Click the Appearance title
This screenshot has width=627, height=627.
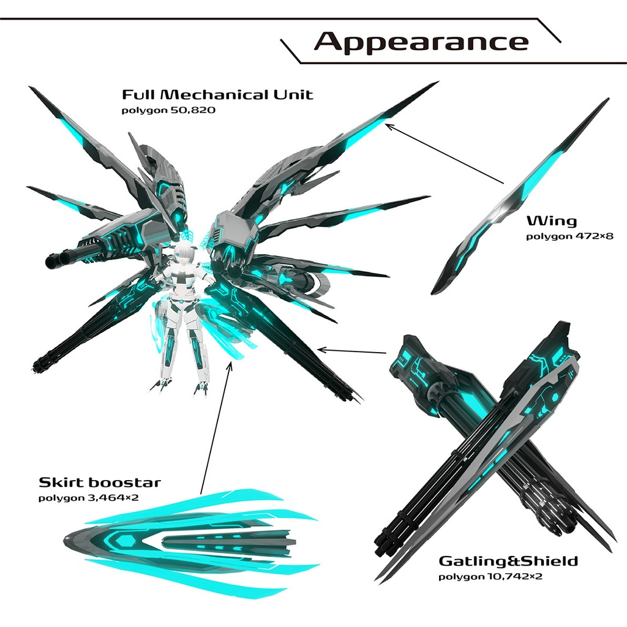click(x=421, y=42)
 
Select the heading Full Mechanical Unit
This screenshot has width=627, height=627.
click(x=217, y=95)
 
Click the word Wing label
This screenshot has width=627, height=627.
click(x=552, y=220)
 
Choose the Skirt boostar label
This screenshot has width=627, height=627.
click(x=100, y=482)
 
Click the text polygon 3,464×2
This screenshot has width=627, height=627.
click(x=89, y=498)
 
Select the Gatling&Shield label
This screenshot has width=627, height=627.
click(x=508, y=561)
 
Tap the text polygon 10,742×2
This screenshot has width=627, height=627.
click(x=490, y=577)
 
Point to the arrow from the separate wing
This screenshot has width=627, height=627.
click(x=444, y=153)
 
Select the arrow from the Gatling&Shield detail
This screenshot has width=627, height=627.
click(x=353, y=351)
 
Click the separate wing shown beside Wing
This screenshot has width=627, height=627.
click(x=520, y=196)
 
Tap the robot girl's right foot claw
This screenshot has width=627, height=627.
click(x=161, y=385)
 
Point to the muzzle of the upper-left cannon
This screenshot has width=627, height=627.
click(x=51, y=261)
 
